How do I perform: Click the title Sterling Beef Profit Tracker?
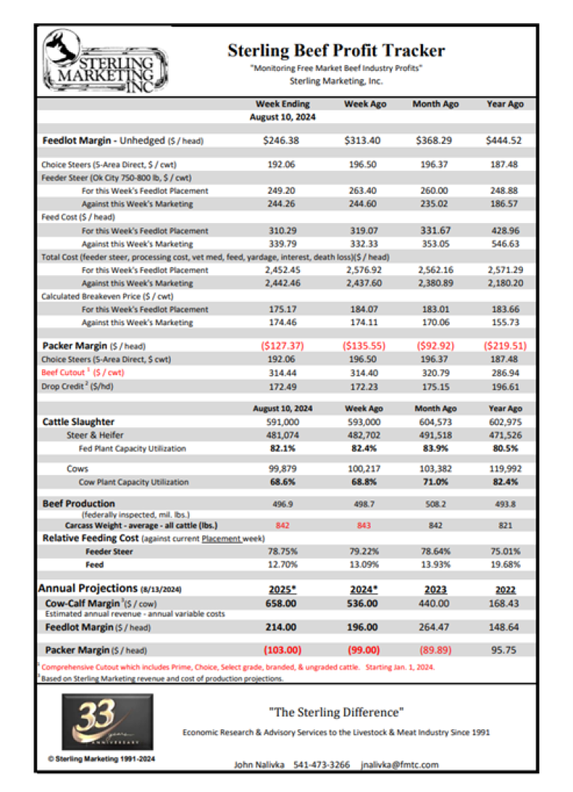pyautogui.click(x=336, y=51)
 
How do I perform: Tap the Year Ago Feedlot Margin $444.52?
pyautogui.click(x=505, y=139)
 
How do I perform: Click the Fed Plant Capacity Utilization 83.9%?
pyautogui.click(x=435, y=448)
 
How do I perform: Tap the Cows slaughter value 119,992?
pyautogui.click(x=505, y=468)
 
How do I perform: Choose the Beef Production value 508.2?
pyautogui.click(x=435, y=504)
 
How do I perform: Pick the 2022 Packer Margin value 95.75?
pyautogui.click(x=505, y=650)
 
